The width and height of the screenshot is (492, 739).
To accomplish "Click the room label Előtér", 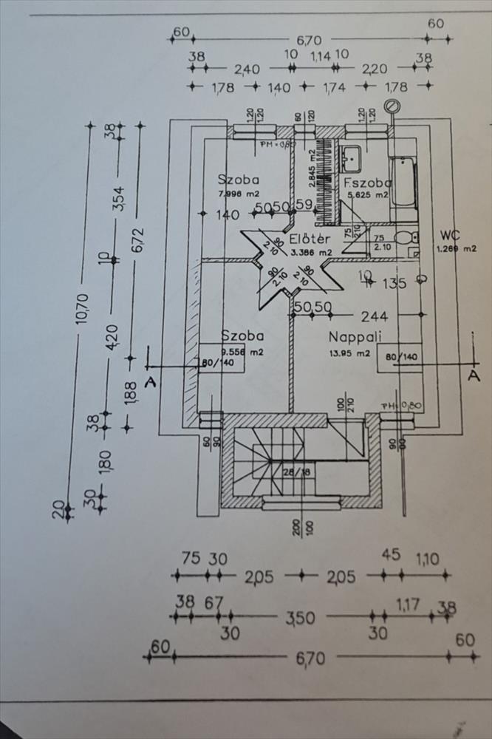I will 310,239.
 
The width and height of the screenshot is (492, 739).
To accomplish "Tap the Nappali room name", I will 355,337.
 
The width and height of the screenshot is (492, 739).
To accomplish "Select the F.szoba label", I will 366,183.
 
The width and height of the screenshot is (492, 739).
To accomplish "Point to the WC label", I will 450,235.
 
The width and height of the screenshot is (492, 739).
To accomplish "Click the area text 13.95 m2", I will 349,353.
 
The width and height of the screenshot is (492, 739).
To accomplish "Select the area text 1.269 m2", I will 457,248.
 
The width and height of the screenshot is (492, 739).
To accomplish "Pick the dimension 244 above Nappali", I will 374,316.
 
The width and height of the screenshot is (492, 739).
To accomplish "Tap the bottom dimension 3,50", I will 301,617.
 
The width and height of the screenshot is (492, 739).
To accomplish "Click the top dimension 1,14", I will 320,55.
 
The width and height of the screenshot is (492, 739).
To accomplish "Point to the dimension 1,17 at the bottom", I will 407,605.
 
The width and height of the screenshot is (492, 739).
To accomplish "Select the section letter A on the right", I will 474,375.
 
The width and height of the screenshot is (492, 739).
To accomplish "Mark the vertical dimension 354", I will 118,197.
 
